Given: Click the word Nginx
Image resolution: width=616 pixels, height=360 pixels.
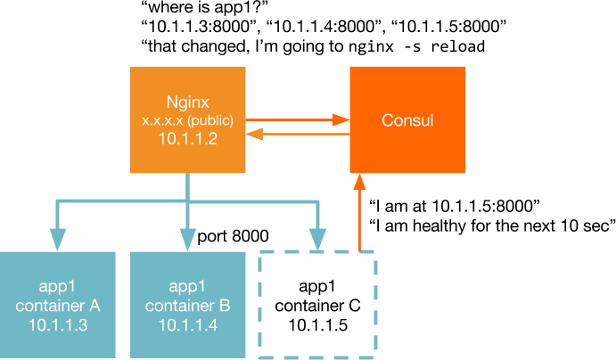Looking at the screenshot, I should pyautogui.click(x=187, y=102).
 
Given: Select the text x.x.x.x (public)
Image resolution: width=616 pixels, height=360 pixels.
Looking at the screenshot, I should pyautogui.click(x=187, y=120).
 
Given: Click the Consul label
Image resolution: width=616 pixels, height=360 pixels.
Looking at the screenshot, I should pyautogui.click(x=407, y=120).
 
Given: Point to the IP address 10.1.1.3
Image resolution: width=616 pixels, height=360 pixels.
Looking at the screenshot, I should pyautogui.click(x=58, y=324).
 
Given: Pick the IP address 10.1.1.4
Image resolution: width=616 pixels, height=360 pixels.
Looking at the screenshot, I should pyautogui.click(x=187, y=324).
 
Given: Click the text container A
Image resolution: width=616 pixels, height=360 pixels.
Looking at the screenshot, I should pyautogui.click(x=58, y=306).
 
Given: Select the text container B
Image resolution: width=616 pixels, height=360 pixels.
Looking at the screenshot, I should pyautogui.click(x=187, y=306).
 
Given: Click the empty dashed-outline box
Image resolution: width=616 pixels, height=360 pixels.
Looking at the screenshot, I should pyautogui.click(x=318, y=303).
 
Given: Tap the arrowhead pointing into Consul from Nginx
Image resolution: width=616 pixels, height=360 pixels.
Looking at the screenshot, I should pyautogui.click(x=341, y=119).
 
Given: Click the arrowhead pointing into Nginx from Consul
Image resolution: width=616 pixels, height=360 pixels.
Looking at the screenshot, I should pyautogui.click(x=254, y=135).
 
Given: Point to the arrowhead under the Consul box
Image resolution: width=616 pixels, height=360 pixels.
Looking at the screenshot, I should pyautogui.click(x=360, y=182).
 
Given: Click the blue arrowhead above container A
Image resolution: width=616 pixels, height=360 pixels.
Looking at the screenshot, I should pyautogui.click(x=58, y=240).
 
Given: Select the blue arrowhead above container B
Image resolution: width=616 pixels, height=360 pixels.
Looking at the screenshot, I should pyautogui.click(x=187, y=240).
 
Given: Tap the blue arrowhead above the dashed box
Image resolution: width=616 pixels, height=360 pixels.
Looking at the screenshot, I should pyautogui.click(x=317, y=240).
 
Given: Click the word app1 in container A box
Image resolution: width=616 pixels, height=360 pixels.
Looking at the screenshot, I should pyautogui.click(x=58, y=287).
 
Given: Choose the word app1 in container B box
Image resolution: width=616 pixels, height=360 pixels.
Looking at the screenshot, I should pyautogui.click(x=187, y=287).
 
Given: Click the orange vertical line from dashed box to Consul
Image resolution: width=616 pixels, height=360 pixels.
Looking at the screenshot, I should pyautogui.click(x=360, y=223).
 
